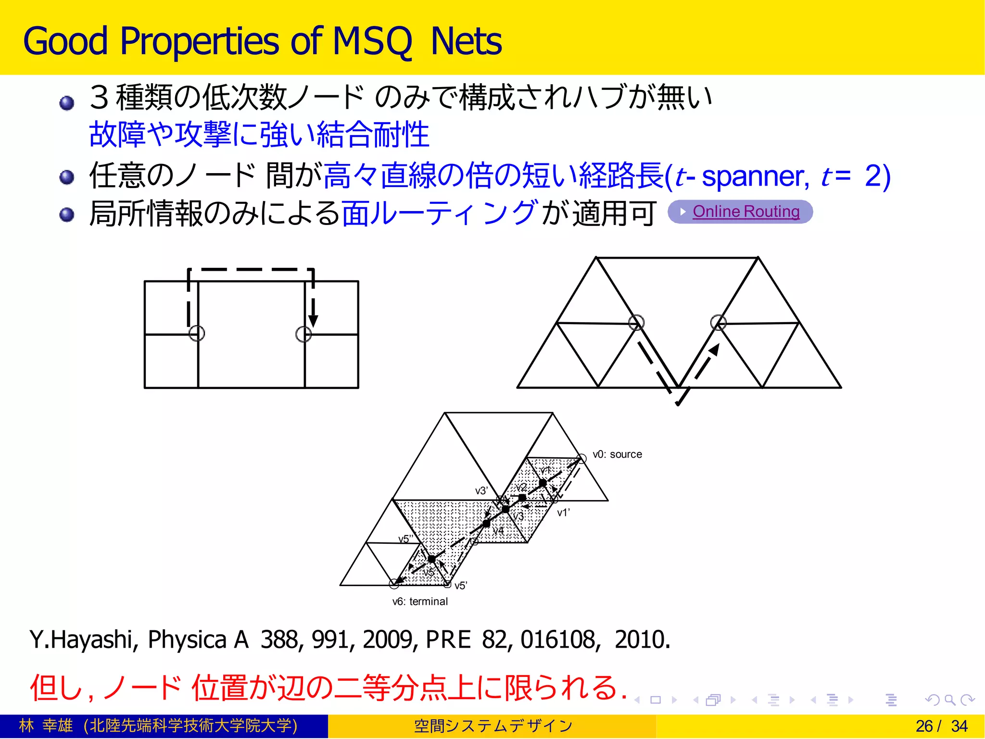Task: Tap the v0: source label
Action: [x=617, y=454]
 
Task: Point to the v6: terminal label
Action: [x=420, y=601]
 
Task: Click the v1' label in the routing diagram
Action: [x=563, y=513]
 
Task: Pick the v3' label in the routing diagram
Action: [x=481, y=491]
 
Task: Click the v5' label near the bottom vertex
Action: [x=461, y=586]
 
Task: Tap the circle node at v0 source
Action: [x=581, y=459]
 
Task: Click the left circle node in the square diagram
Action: [x=197, y=333]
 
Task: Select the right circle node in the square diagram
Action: [x=303, y=334]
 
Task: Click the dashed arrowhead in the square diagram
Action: [x=313, y=321]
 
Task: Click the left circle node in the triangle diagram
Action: [x=636, y=322]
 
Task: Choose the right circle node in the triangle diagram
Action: [x=718, y=322]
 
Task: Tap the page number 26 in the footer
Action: [x=924, y=726]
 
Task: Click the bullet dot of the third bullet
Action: [x=67, y=214]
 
